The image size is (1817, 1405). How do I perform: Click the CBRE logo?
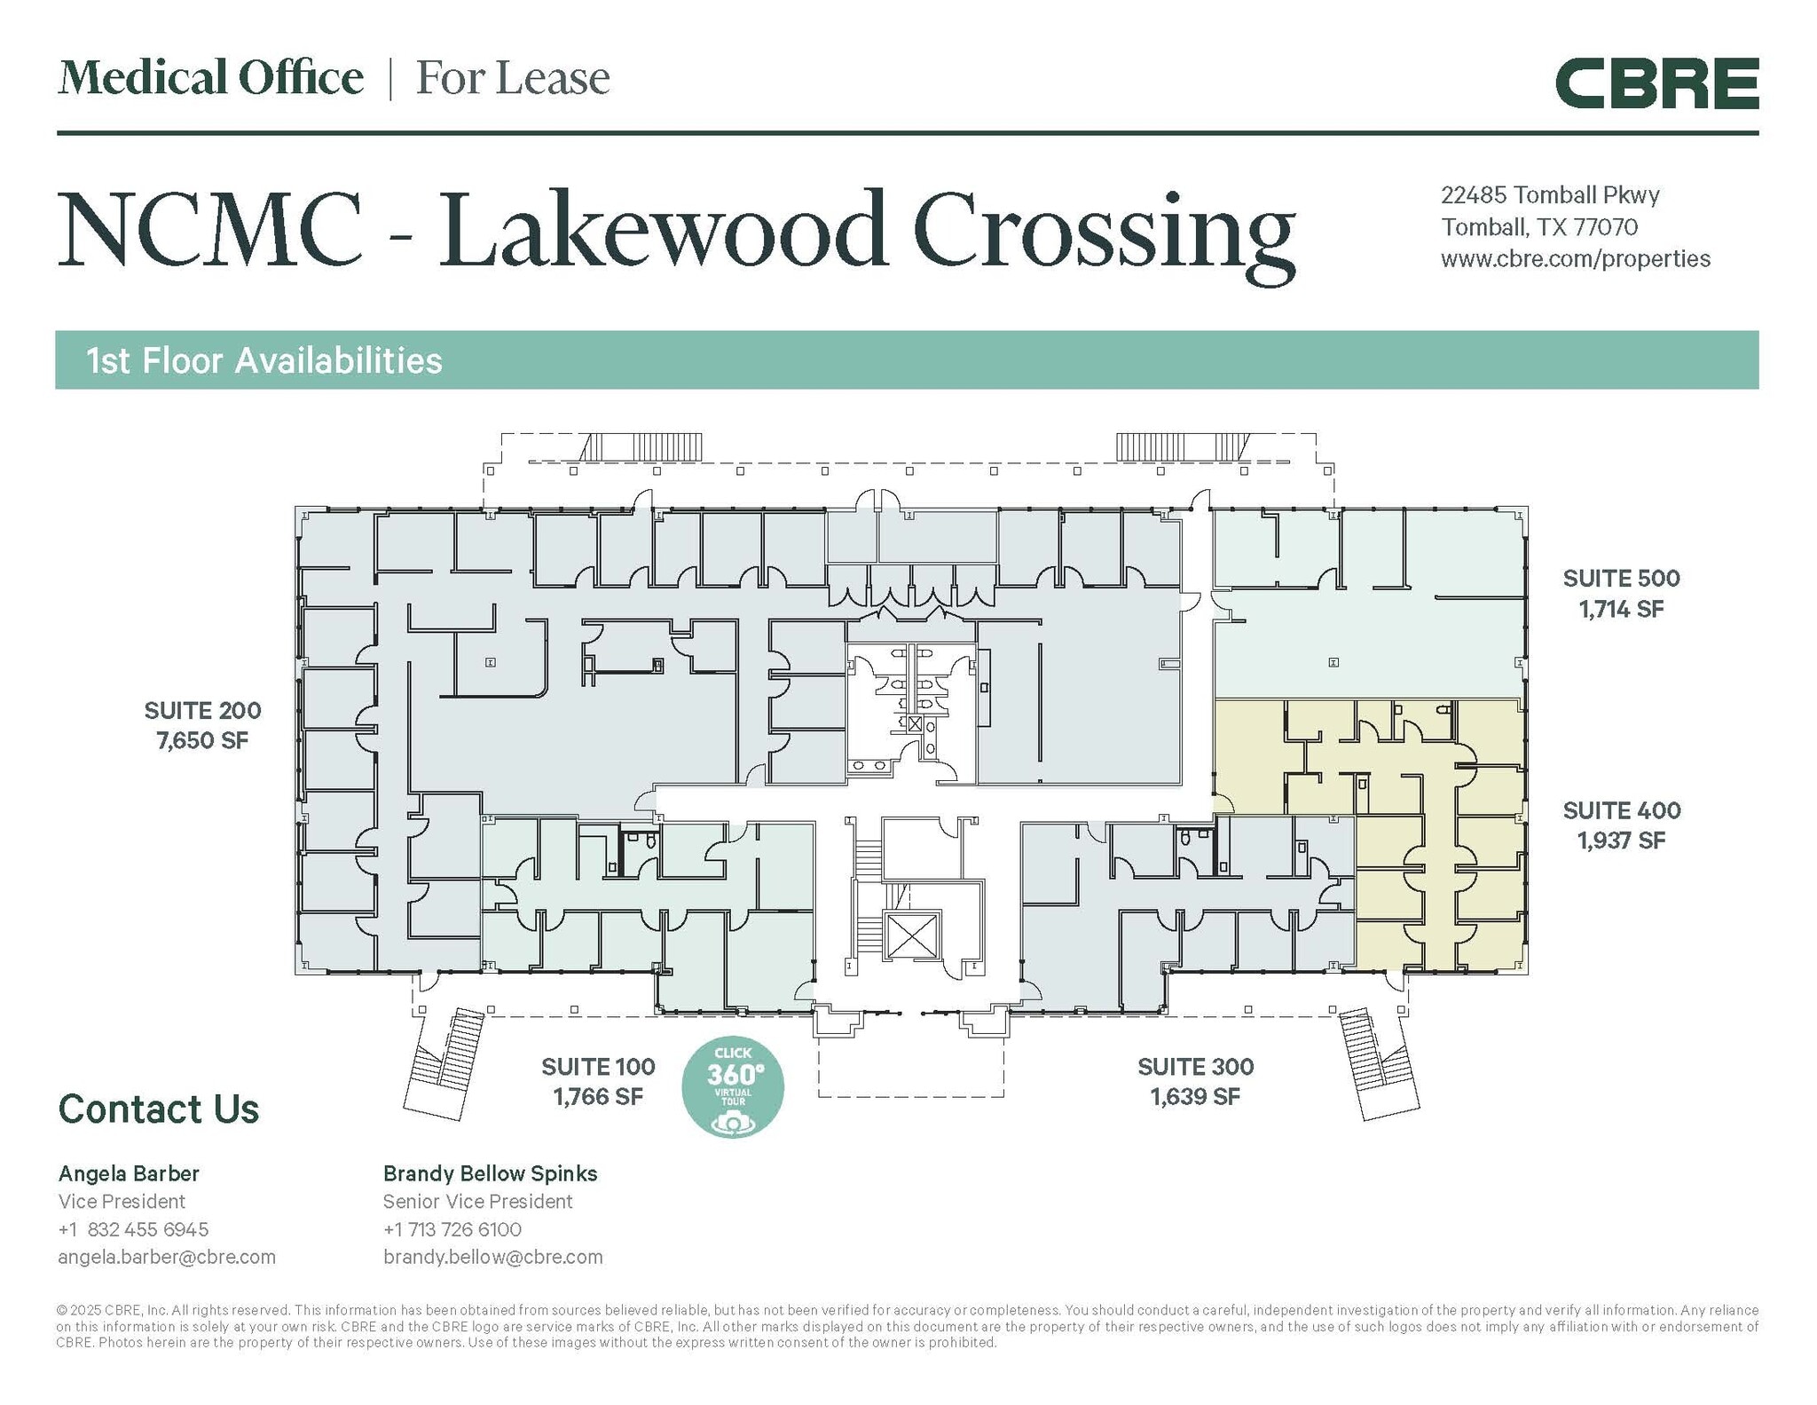[x=1656, y=83]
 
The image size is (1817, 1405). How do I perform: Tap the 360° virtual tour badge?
[x=733, y=1087]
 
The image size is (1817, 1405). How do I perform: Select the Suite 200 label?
[x=202, y=710]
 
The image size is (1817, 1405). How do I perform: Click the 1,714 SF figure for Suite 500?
[x=1621, y=609]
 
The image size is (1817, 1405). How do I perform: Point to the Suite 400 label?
[x=1621, y=809]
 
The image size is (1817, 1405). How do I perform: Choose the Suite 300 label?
[x=1195, y=1066]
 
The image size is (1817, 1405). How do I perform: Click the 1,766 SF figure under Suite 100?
[x=598, y=1096]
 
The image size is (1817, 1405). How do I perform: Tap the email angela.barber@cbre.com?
[x=167, y=1257]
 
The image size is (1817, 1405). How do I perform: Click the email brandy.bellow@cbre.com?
[x=492, y=1257]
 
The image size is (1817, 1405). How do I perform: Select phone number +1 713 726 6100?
[x=452, y=1229]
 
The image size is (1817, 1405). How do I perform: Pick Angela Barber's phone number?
[x=133, y=1229]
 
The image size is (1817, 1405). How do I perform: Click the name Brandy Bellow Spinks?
[x=490, y=1173]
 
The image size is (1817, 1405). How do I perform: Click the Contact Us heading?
[x=158, y=1109]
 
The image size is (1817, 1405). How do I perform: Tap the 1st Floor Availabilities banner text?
[x=264, y=361]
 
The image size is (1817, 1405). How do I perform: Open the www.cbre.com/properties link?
[x=1575, y=259]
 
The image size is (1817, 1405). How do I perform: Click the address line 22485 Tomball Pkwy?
[x=1549, y=195]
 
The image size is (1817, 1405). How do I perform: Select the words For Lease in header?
[x=513, y=78]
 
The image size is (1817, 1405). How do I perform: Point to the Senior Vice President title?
[x=477, y=1202]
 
